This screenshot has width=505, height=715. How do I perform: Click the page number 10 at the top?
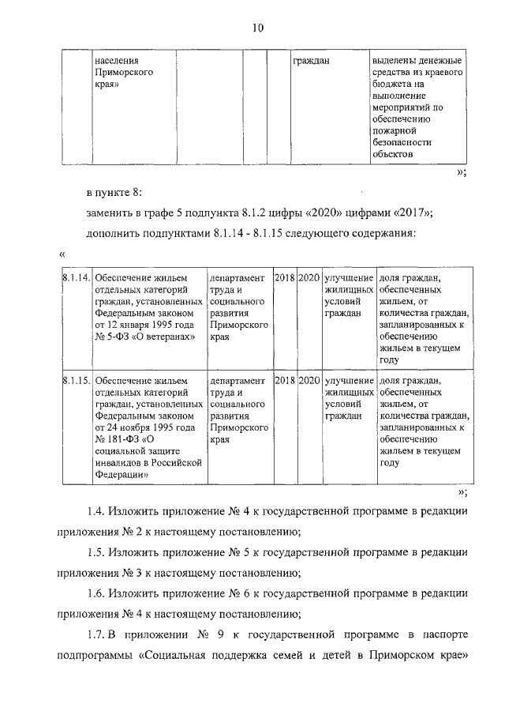257,28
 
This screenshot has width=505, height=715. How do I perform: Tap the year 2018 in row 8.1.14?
285,279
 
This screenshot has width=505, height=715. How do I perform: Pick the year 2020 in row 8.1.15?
310,381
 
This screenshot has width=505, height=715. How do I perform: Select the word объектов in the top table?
392,154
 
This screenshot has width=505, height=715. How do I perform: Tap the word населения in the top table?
117,60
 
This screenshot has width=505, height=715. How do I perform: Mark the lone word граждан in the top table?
311,60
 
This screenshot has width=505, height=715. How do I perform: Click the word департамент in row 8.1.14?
238,279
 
